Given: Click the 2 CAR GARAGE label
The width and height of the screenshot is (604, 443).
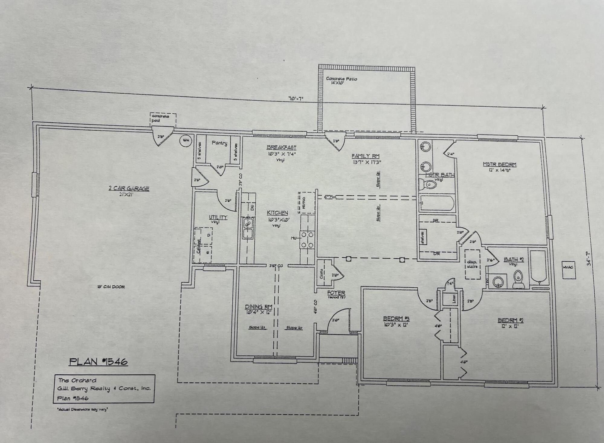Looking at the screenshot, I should (129, 189).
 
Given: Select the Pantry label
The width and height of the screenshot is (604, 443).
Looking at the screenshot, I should (219, 143).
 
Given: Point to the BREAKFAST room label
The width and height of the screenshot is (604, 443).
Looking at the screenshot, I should (281, 147).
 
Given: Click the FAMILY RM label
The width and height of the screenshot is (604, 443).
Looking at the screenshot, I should (365, 156).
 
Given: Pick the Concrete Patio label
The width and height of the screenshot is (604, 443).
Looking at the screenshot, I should (341, 79).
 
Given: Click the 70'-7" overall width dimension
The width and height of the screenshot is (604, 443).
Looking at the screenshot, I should (296, 98).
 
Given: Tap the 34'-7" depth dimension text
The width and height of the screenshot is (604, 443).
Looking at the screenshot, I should (589, 259).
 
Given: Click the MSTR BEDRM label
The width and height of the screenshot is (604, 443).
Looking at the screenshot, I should (499, 164).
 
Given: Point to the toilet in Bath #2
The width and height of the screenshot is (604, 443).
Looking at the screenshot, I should (518, 279).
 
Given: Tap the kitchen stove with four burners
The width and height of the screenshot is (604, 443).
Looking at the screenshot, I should (307, 240).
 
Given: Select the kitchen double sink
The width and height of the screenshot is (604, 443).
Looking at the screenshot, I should (248, 228).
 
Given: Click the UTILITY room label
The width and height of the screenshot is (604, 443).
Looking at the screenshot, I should (218, 217).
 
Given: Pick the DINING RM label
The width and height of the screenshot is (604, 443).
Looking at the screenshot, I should (258, 307).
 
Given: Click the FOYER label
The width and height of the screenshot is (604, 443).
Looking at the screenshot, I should (336, 293).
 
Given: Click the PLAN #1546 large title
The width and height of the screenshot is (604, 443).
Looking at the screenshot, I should (98, 361).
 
